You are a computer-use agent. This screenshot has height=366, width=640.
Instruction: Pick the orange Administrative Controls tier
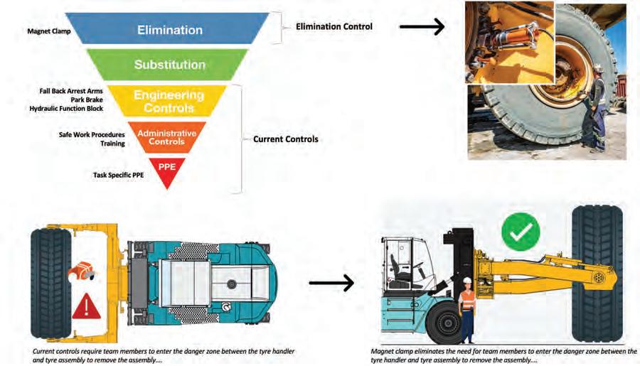pos(167,137)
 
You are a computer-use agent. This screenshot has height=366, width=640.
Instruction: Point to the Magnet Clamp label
pos(49,31)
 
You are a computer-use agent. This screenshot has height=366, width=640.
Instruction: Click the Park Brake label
pos(87,99)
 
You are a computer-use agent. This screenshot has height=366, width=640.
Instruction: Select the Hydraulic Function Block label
pos(66,109)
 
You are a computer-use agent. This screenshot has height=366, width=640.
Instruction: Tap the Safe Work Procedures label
pos(92,134)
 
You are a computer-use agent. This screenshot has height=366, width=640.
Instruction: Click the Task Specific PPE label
pos(118,175)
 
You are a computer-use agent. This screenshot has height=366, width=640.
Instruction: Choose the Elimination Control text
pos(334,26)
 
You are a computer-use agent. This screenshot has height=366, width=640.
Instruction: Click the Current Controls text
pos(286,139)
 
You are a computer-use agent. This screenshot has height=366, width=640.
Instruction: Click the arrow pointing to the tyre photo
pos(422,27)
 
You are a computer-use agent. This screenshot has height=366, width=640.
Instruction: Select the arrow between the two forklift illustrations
pos(331,283)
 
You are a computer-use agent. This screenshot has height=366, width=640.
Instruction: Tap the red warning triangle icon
pos(86,306)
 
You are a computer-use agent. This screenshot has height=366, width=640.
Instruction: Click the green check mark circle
pos(521,232)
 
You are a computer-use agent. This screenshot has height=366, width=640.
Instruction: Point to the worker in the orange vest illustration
pos(467,310)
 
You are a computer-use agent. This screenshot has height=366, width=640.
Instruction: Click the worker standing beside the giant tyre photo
pos(594,109)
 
